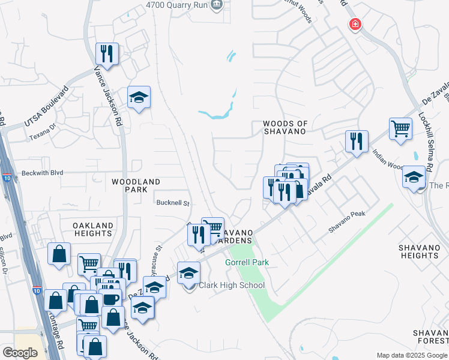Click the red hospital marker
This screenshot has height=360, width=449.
[x=355, y=24]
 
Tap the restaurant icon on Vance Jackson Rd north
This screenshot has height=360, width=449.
[x=107, y=53]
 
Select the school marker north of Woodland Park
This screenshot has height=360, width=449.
[x=139, y=98]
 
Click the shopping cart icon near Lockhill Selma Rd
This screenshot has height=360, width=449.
[x=400, y=128]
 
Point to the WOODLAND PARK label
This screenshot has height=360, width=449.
[x=136, y=185]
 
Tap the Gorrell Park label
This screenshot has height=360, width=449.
[x=247, y=263]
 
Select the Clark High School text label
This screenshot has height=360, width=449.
[x=231, y=285]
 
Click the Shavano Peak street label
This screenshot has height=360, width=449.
[x=346, y=222]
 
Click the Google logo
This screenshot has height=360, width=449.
[x=20, y=353]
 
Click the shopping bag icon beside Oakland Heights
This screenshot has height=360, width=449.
[x=59, y=254]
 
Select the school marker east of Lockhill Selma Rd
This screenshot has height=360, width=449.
[x=414, y=177]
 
